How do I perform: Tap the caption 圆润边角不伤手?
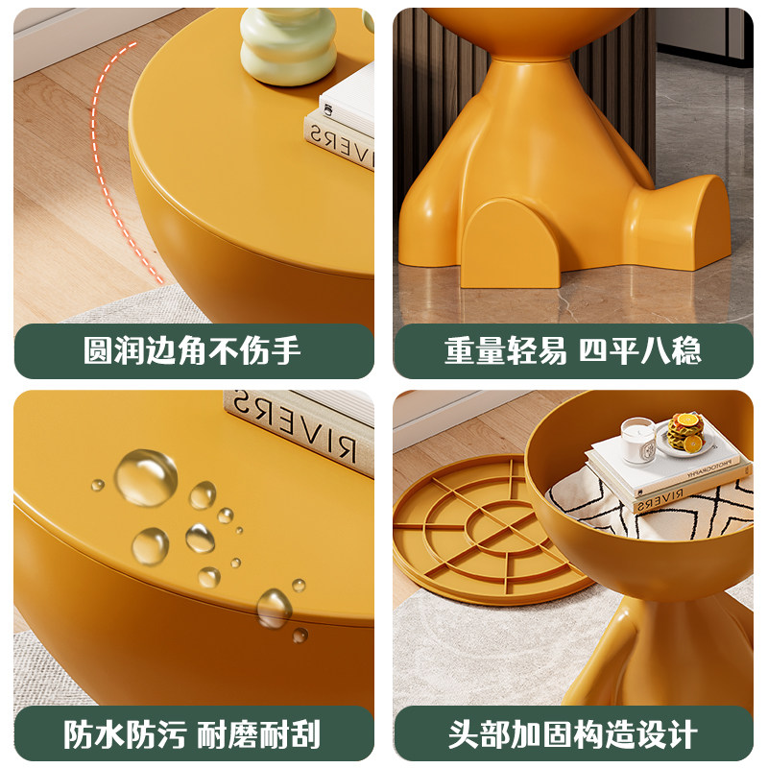(193, 350)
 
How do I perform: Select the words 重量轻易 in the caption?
(506, 350)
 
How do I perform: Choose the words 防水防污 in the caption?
(125, 734)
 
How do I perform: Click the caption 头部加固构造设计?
(573, 734)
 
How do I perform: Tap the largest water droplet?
(146, 476)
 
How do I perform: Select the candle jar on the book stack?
(637, 441)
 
